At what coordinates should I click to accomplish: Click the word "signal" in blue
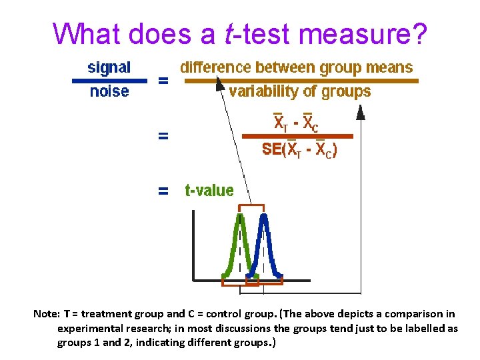click(109, 67)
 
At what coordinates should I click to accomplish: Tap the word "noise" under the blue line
click(109, 92)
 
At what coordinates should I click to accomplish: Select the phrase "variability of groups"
click(299, 92)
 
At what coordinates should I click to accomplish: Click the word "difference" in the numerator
click(213, 67)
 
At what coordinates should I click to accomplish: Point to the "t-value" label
click(209, 191)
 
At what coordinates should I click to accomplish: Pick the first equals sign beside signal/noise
click(162, 81)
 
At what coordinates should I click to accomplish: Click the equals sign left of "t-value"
click(162, 191)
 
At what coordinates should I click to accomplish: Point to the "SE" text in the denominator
click(272, 150)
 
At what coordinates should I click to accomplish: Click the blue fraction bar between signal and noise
click(109, 80)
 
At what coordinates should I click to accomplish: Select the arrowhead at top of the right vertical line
click(361, 115)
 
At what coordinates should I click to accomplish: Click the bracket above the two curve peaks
click(251, 206)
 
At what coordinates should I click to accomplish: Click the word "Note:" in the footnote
click(47, 313)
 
